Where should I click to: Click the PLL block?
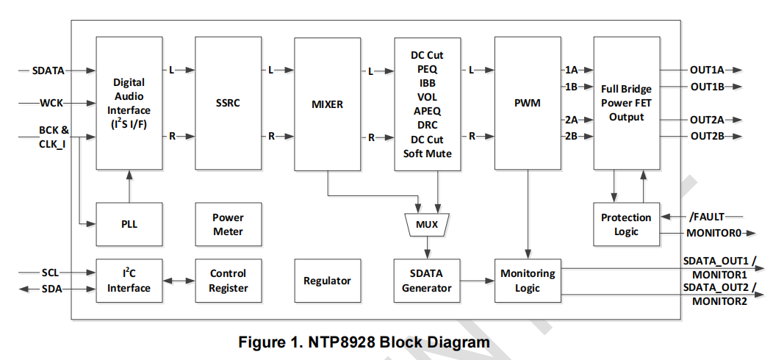point(129,224)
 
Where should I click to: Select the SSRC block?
point(228,104)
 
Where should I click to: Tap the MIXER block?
point(327,104)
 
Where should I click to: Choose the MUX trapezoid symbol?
point(427,224)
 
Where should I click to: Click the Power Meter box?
point(228,224)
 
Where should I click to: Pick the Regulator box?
point(327,281)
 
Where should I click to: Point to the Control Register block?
point(228,281)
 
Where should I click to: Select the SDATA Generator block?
point(427,281)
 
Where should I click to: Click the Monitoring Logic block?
point(527,281)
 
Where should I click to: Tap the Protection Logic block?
point(626,224)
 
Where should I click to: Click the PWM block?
point(527,104)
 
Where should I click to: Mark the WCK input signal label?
point(51,103)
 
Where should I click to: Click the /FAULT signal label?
point(707,217)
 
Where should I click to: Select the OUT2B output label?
point(707,136)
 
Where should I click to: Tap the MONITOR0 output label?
point(711,233)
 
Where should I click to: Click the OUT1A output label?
point(707,71)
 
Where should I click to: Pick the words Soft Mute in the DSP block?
point(427,154)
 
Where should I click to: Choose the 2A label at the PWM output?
point(571,120)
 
